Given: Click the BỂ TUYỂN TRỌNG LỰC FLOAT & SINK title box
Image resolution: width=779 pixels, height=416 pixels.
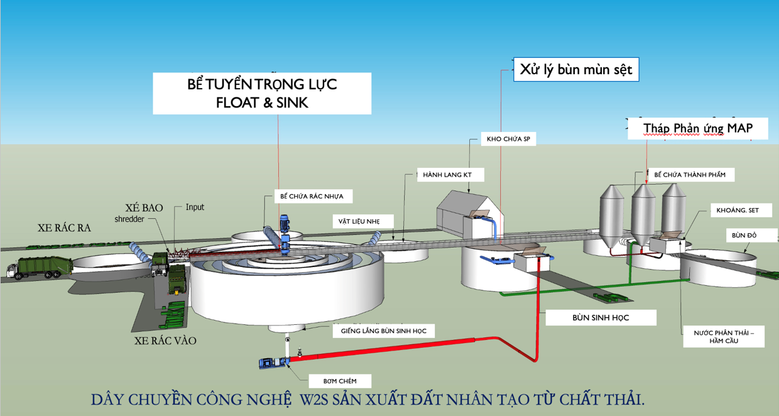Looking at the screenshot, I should pos(262,94).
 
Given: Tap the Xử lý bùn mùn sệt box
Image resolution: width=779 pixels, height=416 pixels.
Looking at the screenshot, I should pos(576,70).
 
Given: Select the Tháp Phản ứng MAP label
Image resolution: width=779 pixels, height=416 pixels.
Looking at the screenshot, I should pos(697,128).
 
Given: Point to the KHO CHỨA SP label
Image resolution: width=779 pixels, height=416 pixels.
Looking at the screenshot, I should pos(508,140).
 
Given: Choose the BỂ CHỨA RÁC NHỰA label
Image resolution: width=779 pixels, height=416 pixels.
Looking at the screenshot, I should pos(312,196).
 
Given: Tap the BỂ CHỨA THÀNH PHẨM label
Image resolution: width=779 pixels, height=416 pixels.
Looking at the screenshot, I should pos(689,175).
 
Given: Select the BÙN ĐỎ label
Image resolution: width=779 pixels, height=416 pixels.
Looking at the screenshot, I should pos(744,236).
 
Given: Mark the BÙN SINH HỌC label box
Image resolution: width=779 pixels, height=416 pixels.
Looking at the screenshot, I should pos(601,318).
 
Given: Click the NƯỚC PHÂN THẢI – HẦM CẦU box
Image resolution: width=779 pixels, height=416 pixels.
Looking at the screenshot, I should pos(724,337).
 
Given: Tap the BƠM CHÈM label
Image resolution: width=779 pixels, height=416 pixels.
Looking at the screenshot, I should pos(339,381).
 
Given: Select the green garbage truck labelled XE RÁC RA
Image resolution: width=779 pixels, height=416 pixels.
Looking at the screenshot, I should pos(41,267).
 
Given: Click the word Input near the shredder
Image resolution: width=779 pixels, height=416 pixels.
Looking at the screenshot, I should pos(195,207).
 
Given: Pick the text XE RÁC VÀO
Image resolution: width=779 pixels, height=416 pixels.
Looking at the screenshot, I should pos(165,341).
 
